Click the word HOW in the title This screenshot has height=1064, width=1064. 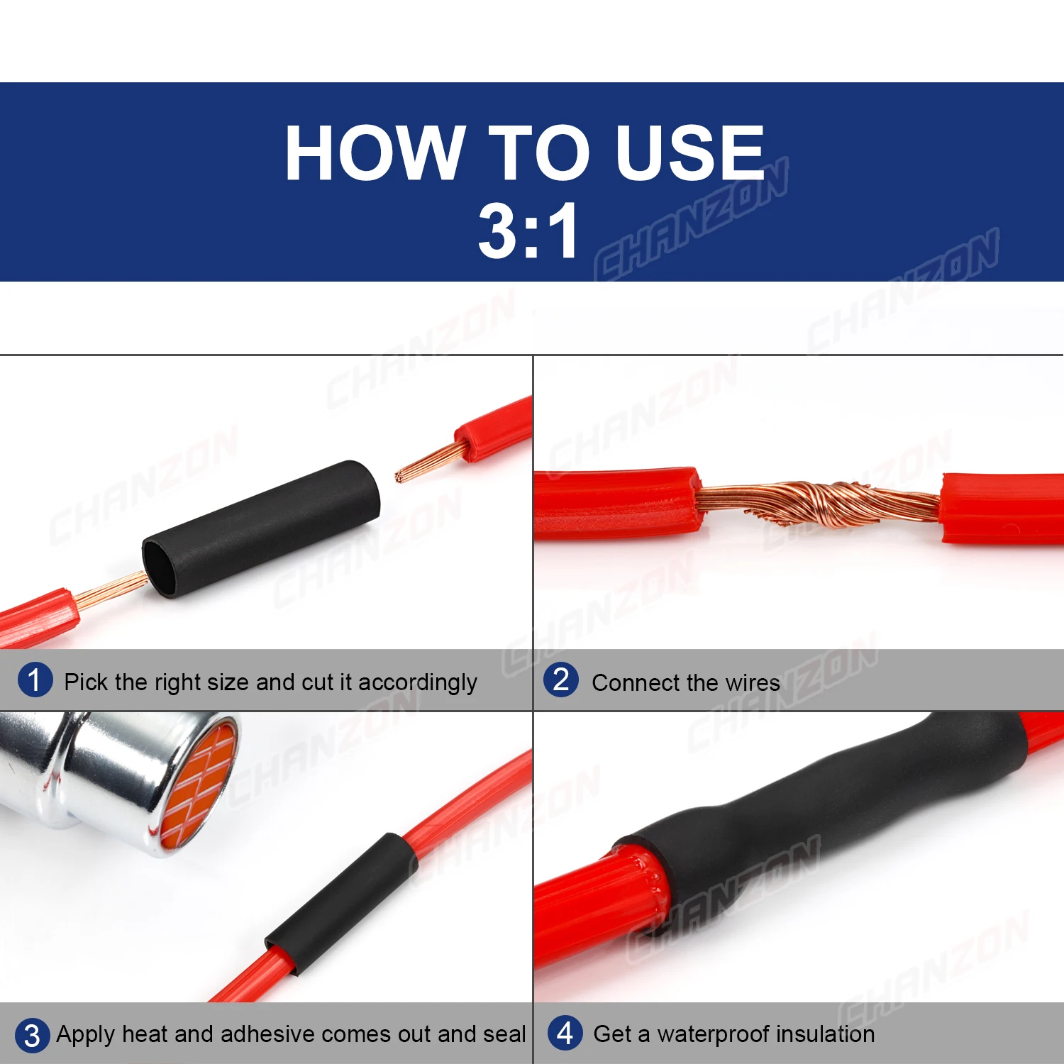[x=375, y=153]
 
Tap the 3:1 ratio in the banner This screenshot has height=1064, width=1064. [x=528, y=231]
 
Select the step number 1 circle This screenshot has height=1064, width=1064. [x=35, y=680]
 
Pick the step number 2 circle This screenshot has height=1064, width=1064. [x=561, y=680]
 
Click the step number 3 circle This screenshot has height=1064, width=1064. [x=32, y=1035]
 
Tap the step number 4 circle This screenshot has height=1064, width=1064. [x=565, y=1033]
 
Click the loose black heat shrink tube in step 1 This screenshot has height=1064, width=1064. [x=261, y=528]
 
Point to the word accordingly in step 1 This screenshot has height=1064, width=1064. [x=418, y=683]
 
